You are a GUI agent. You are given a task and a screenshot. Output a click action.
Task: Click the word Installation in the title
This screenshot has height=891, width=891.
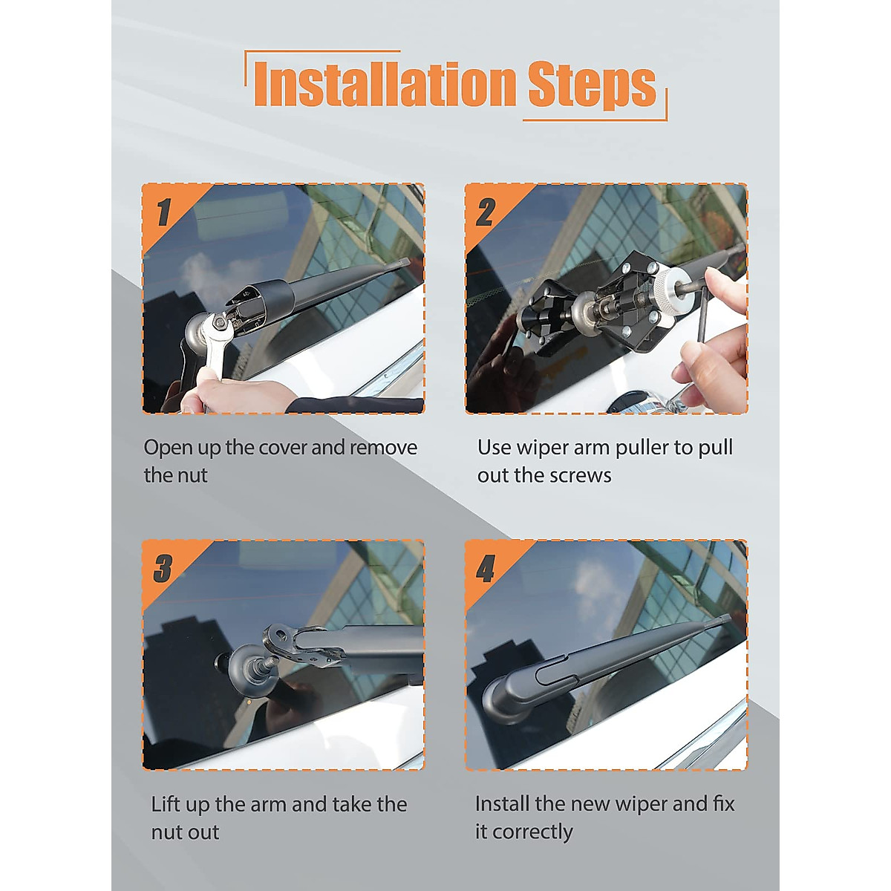coord(384,85)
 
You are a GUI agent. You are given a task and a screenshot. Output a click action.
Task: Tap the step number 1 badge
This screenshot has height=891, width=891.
coord(163,212)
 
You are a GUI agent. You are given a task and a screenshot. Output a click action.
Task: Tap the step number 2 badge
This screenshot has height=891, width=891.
coord(486,212)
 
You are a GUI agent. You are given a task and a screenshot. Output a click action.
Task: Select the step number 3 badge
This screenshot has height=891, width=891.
coord(163,568)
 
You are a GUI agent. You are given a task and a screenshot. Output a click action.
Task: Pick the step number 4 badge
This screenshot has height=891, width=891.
coord(486,568)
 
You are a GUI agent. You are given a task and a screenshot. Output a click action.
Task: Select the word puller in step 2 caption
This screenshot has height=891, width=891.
coord(642,448)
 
